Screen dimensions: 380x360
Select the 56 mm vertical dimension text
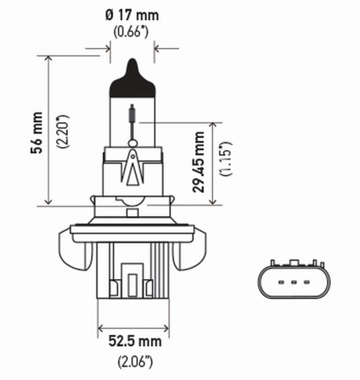38,132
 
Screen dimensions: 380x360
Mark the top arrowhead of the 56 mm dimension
48,60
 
